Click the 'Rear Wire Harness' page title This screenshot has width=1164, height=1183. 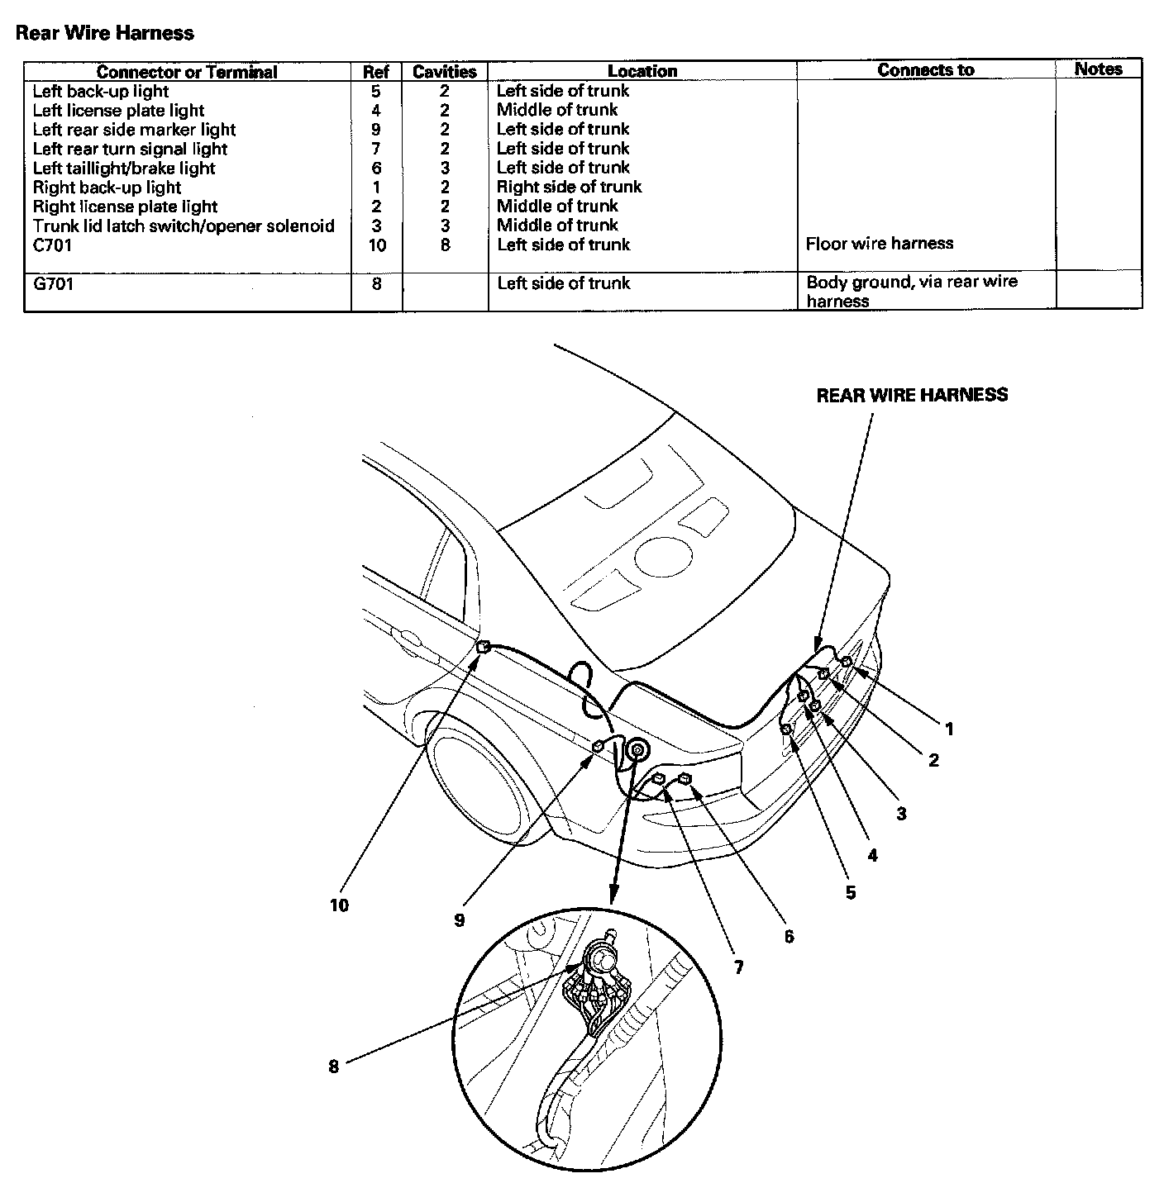(105, 33)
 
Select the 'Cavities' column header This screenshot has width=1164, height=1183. (444, 72)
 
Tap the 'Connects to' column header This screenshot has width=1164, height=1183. (925, 70)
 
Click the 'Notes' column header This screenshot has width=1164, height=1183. (1098, 69)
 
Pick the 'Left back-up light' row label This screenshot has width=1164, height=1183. (100, 91)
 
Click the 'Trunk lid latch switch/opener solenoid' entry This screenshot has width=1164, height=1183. (184, 226)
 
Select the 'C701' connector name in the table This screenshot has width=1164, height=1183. (52, 245)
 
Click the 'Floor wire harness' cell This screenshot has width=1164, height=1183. (880, 243)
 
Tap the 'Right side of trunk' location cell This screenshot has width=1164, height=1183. (569, 187)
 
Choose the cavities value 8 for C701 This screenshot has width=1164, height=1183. (445, 245)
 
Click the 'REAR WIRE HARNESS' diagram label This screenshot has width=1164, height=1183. (912, 395)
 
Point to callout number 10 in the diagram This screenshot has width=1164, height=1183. (339, 905)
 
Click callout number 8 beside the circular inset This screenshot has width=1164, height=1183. (333, 1066)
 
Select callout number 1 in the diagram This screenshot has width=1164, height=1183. (949, 729)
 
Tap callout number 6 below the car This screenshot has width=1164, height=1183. (789, 936)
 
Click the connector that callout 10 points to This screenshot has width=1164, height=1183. (484, 647)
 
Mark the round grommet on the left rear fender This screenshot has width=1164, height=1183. (637, 750)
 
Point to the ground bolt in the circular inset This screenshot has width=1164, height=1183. (602, 958)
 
